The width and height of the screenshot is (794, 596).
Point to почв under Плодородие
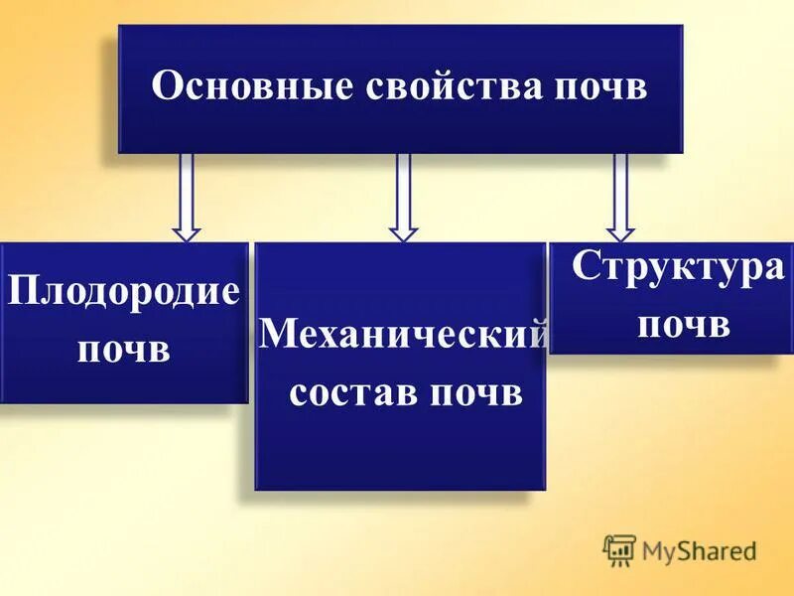pyautogui.click(x=124, y=349)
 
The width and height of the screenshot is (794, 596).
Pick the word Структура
pyautogui.click(x=678, y=268)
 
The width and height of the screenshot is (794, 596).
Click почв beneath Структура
pyautogui.click(x=684, y=324)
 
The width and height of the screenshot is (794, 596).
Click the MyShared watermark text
pyautogui.click(x=699, y=550)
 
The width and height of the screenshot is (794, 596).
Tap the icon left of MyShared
pyautogui.click(x=619, y=549)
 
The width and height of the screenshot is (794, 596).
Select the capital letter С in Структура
pyautogui.click(x=585, y=268)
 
